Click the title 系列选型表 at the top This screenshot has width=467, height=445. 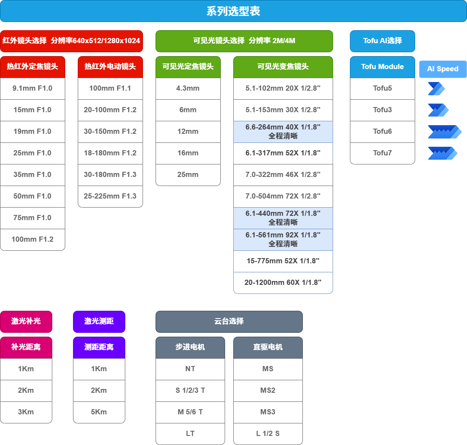pos(233,11)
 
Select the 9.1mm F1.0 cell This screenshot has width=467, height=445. pos(32,88)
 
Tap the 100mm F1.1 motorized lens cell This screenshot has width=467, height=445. pos(110,88)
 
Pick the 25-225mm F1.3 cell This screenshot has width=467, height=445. pos(110,196)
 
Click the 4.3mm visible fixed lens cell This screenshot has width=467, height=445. pos(188,88)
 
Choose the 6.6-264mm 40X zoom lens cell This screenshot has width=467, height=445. pos(283,132)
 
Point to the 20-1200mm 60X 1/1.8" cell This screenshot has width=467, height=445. pos(283,283)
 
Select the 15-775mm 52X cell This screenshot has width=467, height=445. pos(283,261)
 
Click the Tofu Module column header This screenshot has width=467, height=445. pos(382,67)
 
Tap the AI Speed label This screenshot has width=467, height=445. pos(442,69)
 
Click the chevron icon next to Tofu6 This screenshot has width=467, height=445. pos(445,132)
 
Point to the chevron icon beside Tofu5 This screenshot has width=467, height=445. pos(436,89)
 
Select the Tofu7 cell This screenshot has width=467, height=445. pos(382,153)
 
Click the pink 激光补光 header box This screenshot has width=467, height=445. pos(26,322)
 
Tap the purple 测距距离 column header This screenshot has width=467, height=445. pos(99,347)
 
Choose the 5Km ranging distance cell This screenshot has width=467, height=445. pos(99,412)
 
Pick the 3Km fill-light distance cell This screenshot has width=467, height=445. pos(26,412)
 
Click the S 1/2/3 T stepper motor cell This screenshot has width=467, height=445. pos(191,391)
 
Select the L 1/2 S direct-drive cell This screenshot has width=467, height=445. pos(268,434)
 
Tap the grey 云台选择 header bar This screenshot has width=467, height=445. pos(229,322)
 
